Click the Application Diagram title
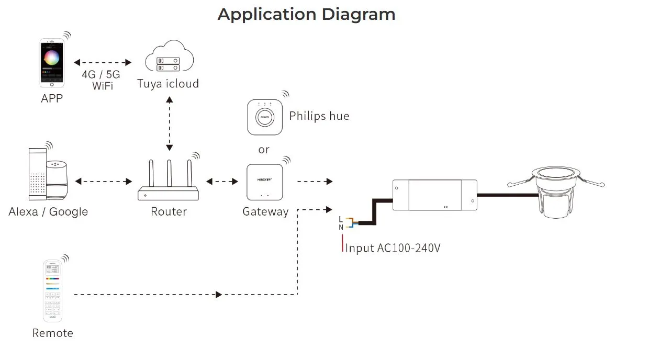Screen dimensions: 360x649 306,14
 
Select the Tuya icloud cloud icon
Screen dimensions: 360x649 168,60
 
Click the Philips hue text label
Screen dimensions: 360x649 319,116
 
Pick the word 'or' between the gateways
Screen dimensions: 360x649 264,150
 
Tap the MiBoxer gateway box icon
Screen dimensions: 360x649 265,182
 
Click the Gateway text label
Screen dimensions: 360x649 265,212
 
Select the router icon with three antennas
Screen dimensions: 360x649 169,181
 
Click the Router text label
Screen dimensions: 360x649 169,212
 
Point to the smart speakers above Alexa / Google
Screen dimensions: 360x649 48,176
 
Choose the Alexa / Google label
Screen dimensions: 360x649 48,212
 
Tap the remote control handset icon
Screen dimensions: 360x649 53,291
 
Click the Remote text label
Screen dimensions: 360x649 53,333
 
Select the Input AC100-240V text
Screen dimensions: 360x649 393,248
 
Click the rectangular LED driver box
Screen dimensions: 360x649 434,194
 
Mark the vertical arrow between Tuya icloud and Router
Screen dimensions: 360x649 169,124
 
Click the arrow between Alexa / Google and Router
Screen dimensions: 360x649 104,182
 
